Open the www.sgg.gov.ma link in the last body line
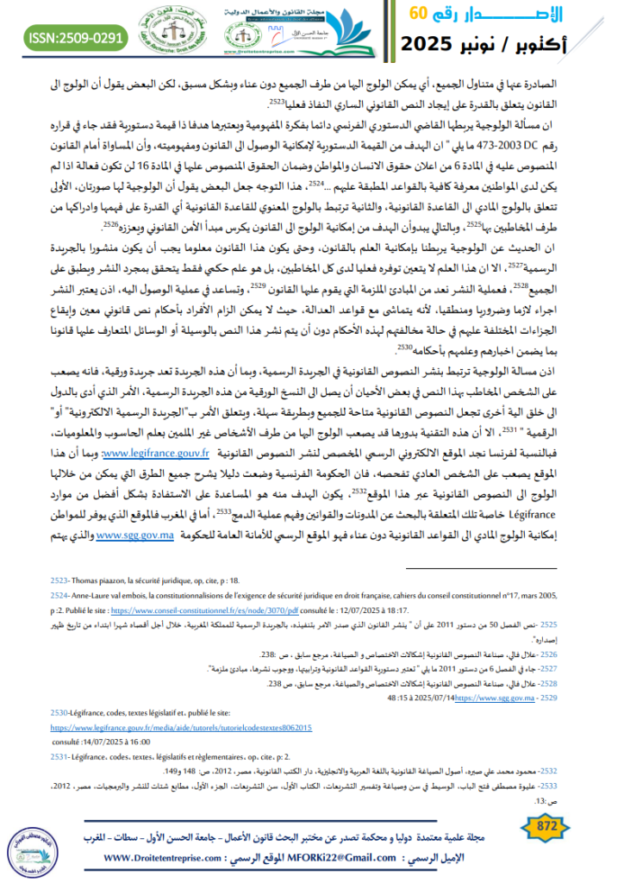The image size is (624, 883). (x=136, y=535)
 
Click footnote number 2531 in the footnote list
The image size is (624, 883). (x=60, y=755)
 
